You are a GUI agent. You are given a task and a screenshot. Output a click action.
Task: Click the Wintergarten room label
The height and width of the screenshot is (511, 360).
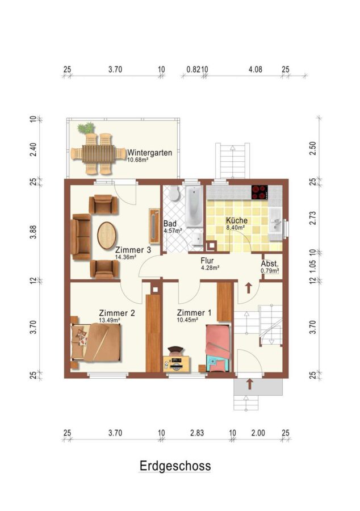149,153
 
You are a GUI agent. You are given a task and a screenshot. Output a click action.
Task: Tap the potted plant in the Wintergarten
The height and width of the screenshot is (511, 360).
86,127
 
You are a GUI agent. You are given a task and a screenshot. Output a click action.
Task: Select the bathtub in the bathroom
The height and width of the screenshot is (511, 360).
194,206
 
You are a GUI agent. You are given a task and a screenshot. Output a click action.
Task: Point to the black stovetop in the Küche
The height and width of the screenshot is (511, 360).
259,192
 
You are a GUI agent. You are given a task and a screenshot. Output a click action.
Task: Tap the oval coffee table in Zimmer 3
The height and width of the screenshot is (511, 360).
107,236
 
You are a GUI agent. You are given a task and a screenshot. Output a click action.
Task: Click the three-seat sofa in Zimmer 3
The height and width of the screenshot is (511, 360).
81,237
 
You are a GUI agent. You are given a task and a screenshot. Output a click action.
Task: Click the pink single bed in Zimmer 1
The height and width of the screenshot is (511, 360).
218,348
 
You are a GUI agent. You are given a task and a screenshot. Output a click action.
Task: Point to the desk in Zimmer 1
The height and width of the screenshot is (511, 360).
177,364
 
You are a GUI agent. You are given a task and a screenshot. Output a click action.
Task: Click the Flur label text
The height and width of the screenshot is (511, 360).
207,261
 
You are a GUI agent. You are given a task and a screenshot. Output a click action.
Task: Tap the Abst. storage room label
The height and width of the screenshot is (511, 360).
270,263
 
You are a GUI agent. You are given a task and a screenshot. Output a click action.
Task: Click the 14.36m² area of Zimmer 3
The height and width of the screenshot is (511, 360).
125,257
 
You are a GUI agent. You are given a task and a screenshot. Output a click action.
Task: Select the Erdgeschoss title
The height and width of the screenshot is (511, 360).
175,466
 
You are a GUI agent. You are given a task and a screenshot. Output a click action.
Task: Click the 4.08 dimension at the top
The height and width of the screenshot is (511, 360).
255,69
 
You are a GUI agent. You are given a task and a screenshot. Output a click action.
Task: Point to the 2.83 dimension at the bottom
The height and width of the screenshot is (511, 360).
197,433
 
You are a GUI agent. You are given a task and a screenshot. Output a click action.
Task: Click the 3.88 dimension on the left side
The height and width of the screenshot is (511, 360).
33,232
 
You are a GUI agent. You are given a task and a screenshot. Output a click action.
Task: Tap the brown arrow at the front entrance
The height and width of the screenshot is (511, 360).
249,384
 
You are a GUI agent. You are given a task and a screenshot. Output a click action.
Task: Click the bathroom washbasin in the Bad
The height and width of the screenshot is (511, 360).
197,238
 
